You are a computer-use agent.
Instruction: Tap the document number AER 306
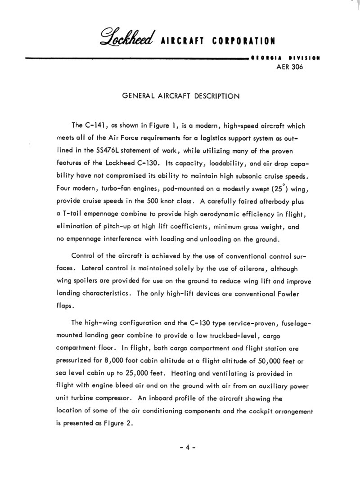(x=289, y=67)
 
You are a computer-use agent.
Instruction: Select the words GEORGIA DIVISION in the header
(x=285, y=58)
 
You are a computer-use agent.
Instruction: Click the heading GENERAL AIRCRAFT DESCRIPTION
(x=180, y=96)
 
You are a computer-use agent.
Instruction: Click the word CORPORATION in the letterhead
(x=243, y=42)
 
